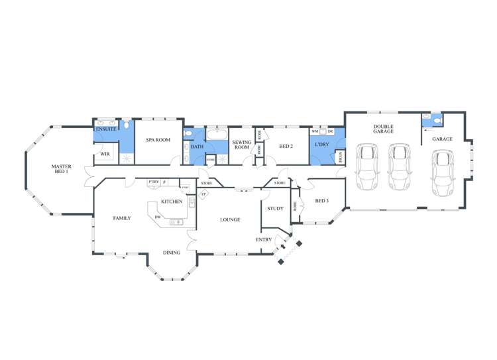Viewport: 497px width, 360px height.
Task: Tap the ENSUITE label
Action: pos(106,129)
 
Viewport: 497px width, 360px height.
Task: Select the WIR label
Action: pos(105,154)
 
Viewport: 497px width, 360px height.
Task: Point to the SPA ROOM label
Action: pos(158,140)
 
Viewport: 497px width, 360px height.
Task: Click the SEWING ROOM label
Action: pos(241,145)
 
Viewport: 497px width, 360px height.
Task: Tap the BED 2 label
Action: pos(286,147)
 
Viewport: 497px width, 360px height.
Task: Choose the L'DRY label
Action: pos(322,144)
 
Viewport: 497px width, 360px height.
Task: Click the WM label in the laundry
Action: pos(315,131)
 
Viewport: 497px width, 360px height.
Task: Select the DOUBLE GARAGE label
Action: pos(383,129)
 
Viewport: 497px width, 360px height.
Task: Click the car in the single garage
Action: pos(443,172)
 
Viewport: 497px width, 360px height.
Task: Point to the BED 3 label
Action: pos(322,201)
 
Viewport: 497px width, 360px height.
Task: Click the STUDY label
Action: pos(275,209)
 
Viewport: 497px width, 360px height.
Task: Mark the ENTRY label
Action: pos(264,239)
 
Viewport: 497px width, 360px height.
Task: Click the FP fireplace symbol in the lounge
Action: pos(204,194)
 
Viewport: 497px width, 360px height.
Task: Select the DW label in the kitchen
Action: pos(157,217)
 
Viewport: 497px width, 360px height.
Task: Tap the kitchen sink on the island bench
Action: pos(177,222)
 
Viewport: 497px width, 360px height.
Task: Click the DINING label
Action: pos(172,253)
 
